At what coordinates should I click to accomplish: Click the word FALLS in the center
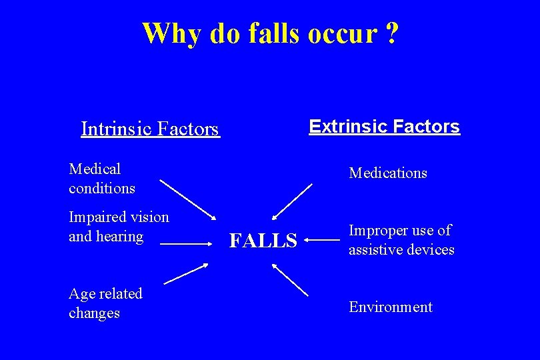[x=263, y=240]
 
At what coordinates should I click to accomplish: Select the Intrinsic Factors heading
[x=149, y=128]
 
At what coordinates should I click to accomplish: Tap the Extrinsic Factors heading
[x=384, y=127]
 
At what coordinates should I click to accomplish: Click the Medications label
[x=388, y=173]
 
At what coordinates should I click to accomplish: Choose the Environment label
[x=391, y=307]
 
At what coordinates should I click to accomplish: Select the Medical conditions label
[x=102, y=179]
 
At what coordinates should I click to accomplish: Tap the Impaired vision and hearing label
[x=119, y=227]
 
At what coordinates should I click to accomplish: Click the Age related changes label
[x=105, y=303]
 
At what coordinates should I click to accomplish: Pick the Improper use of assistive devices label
[x=401, y=240]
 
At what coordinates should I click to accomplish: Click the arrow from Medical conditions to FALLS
[x=188, y=199]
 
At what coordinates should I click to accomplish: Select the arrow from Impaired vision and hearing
[x=185, y=245]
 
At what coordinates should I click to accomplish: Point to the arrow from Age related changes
[x=185, y=274]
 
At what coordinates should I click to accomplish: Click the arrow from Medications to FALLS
[x=292, y=201]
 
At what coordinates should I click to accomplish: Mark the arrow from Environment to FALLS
[x=290, y=278]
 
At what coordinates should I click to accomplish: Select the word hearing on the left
[x=120, y=237]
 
